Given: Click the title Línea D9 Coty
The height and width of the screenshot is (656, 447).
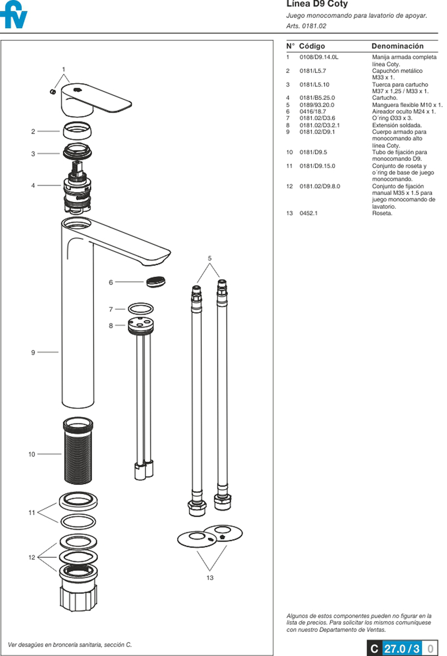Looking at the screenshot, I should click(317, 4).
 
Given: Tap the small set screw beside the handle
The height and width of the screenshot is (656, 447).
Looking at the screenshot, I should click(53, 91).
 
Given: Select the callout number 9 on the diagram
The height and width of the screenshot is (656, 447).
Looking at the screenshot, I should click(33, 352).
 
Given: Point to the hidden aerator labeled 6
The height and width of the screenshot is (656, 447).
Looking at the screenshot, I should click(156, 282).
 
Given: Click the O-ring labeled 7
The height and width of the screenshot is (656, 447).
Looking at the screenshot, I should click(140, 309).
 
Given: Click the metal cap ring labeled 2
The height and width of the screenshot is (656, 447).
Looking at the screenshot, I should click(77, 131).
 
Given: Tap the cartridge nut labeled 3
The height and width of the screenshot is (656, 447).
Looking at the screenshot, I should click(77, 152).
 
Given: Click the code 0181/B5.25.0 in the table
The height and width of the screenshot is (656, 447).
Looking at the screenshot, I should click(317, 98).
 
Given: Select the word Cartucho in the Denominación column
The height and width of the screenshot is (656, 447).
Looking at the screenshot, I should click(384, 98).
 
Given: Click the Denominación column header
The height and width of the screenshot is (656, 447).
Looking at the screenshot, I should click(397, 46).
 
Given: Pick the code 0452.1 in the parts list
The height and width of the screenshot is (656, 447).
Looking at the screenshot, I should click(308, 213).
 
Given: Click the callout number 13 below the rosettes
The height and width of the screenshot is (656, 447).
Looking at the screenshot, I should click(210, 578).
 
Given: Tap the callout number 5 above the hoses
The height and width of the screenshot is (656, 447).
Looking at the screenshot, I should click(210, 258).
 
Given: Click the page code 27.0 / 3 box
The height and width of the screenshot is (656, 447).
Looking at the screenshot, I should click(402, 649).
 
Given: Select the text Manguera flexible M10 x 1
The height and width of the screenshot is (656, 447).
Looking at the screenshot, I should click(407, 105).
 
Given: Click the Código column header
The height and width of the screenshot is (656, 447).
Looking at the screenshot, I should click(311, 46).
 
